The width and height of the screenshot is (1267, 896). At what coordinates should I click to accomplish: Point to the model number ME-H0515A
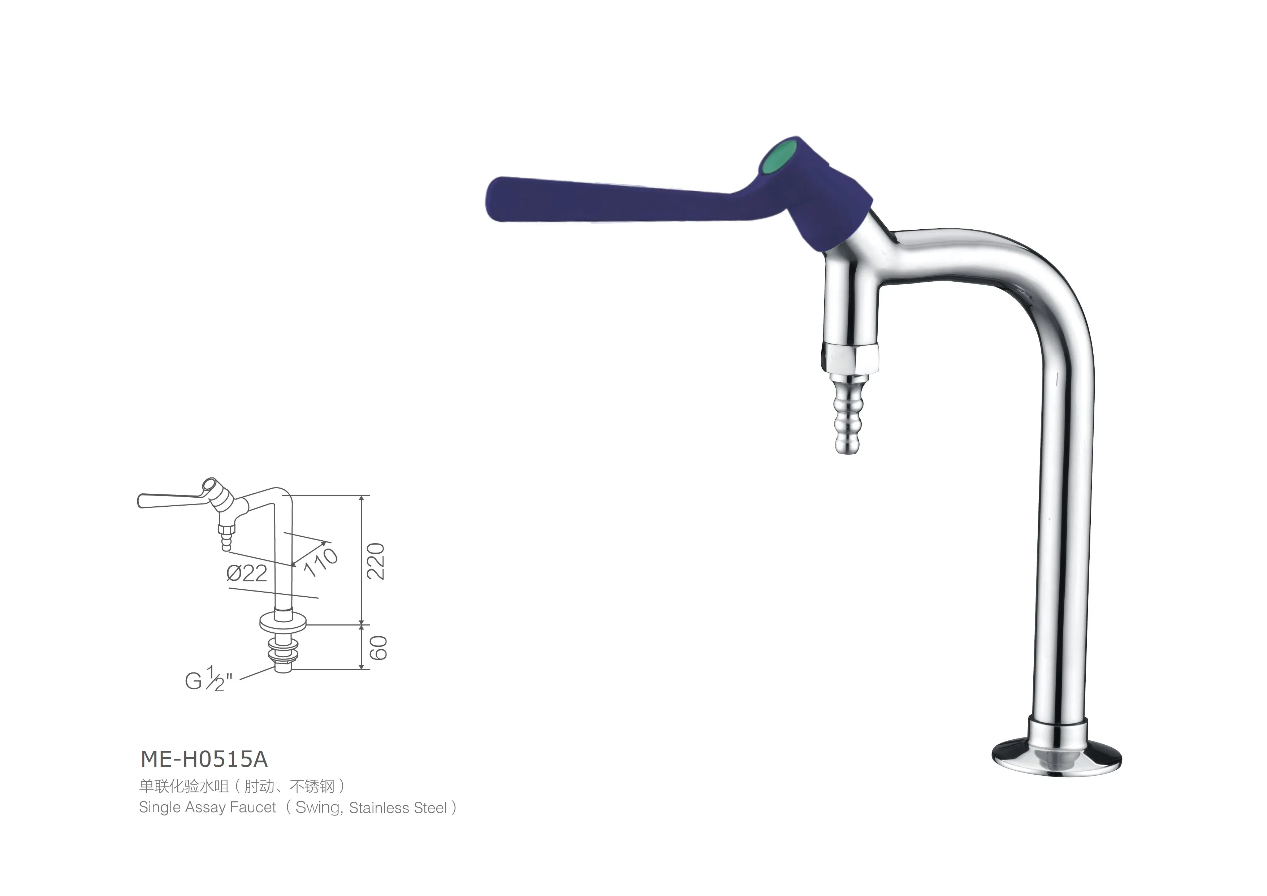[204, 760]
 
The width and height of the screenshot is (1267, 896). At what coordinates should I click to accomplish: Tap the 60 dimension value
[378, 648]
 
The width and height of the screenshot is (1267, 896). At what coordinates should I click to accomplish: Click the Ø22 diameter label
[247, 573]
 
